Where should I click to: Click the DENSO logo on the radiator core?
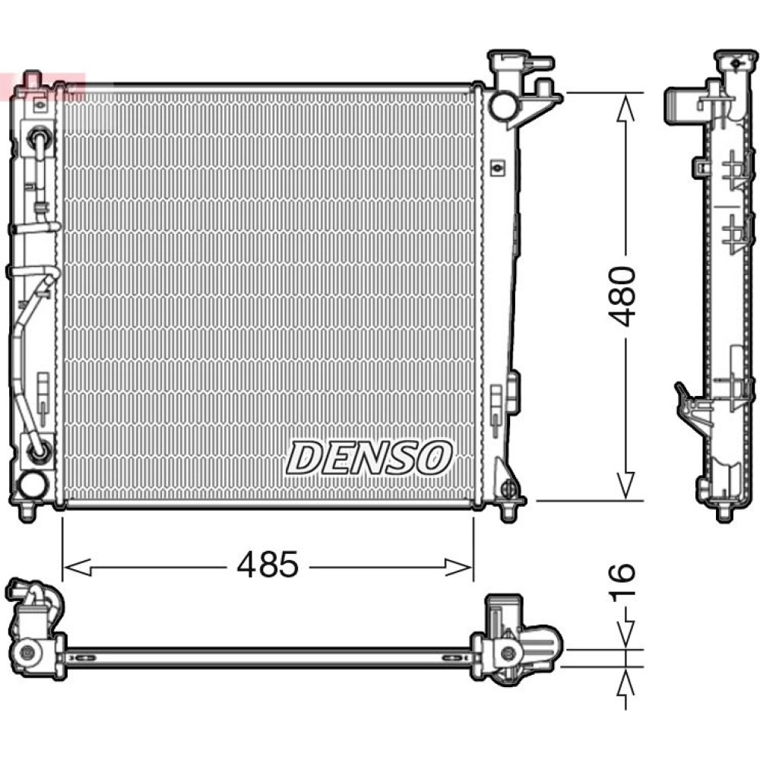point(369,458)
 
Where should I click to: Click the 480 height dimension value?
point(622,296)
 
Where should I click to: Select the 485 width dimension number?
point(268,564)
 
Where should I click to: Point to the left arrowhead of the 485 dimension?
point(78,567)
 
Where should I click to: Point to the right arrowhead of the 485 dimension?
point(458,567)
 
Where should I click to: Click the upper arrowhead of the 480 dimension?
point(625,108)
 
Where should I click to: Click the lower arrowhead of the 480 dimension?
point(625,486)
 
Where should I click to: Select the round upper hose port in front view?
point(502,105)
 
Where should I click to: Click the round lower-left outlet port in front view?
point(32,485)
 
